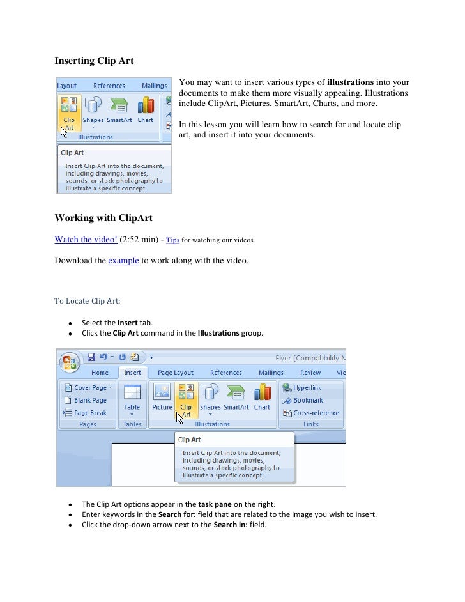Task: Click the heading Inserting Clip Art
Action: [94, 61]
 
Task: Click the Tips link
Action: [172, 240]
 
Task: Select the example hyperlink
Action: [124, 261]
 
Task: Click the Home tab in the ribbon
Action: [100, 373]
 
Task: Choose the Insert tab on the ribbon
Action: [133, 373]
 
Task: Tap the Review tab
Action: [310, 373]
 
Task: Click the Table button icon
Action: [132, 394]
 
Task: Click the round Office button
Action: [70, 362]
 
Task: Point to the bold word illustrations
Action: [350, 82]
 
